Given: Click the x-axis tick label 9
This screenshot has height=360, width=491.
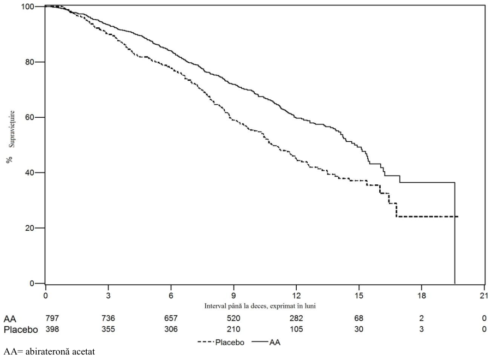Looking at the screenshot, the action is (233, 296).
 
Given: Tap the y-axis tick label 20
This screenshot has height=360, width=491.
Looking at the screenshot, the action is (30, 228).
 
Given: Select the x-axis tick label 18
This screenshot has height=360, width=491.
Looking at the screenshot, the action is (422, 296).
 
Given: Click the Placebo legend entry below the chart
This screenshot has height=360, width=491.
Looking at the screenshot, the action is (221, 343).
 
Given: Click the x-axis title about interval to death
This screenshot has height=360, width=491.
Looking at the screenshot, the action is (260, 306).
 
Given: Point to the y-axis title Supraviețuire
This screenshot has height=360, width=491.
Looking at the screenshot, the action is (11, 129).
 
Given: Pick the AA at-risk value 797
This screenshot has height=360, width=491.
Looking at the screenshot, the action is (52, 319).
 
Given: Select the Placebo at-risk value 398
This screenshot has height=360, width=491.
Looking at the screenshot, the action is (52, 329).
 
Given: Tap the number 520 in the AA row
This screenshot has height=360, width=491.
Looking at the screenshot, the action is (233, 319).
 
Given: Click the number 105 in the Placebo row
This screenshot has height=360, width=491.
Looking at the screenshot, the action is (296, 329).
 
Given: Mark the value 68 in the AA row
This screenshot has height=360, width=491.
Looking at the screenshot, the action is (359, 319).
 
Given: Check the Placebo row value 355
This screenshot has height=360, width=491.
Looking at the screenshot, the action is (109, 329).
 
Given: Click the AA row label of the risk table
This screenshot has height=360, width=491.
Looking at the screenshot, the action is (10, 319).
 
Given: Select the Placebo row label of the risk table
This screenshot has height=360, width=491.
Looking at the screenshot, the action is (21, 329).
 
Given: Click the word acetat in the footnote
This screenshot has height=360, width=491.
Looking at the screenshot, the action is (83, 352).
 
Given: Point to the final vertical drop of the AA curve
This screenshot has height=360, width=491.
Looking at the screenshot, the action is (454, 233).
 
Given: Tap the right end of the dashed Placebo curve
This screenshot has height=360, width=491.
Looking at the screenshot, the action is (458, 217).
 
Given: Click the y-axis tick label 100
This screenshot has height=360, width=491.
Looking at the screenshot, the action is (28, 7).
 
